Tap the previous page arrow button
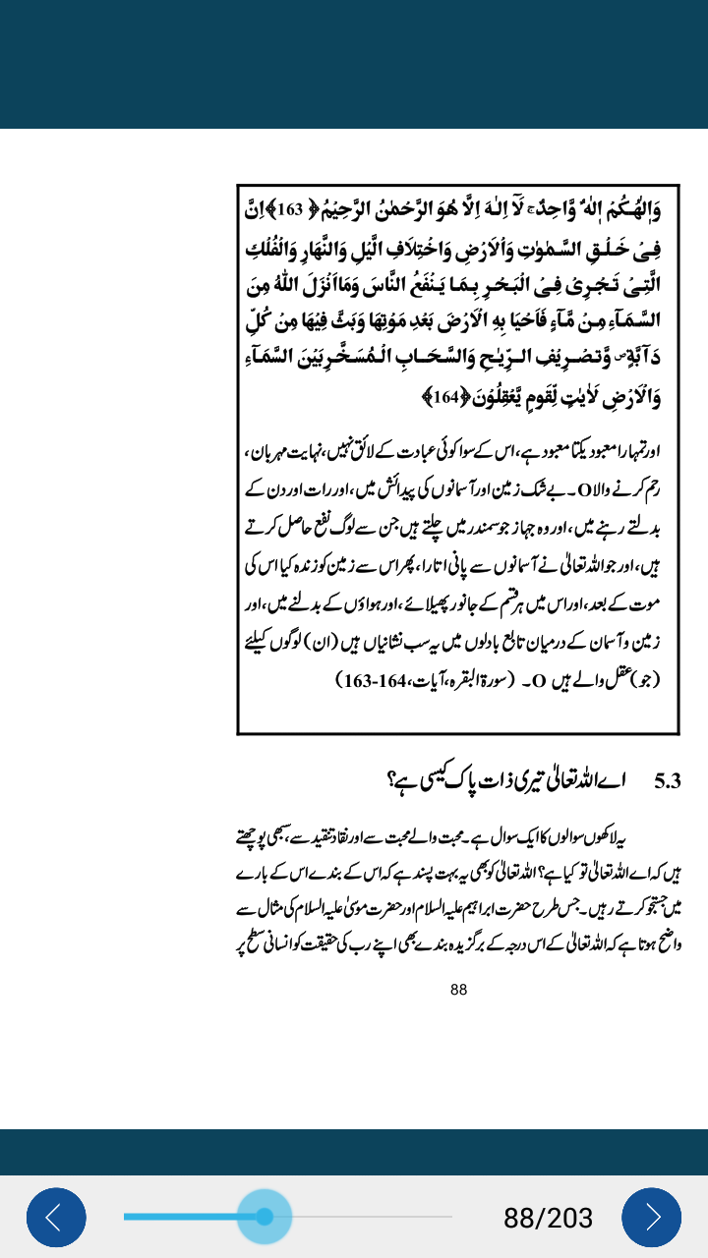pyautogui.click(x=56, y=1217)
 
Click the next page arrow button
pyautogui.click(x=651, y=1217)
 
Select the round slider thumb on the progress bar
pyautogui.click(x=264, y=1217)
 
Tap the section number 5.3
pyautogui.click(x=668, y=782)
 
